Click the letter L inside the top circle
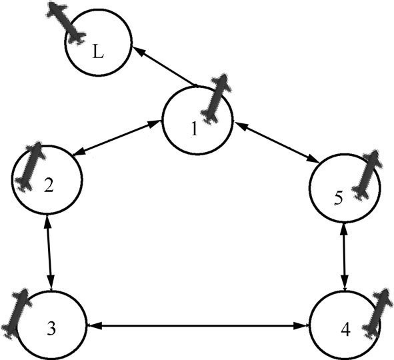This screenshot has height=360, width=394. coord(98,51)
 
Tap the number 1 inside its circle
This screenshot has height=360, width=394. coord(194,129)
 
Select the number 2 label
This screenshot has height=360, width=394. coord(49,185)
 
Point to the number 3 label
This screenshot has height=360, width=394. coord(51,328)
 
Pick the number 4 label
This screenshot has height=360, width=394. coord(346,329)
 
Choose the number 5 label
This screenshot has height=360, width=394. coord(339,198)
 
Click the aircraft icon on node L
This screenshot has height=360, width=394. coord(66,23)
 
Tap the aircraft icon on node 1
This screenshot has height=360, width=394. coord(216,99)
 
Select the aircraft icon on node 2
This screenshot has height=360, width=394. coord(31,166)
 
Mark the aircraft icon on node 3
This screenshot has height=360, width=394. coord(17,313)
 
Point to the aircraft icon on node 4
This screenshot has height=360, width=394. coord(377,313)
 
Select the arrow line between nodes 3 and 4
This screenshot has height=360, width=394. coord(197,326)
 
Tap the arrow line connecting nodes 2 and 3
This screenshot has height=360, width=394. coord(49,253)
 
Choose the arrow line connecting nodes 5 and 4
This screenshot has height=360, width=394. coord(345,257)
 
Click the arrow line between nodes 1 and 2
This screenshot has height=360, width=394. coord(117,137)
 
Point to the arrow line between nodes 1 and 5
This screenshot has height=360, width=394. coord(277,142)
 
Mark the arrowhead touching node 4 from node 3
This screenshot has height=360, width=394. coord(303,326)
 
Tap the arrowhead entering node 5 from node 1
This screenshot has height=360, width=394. coord(313,159)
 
